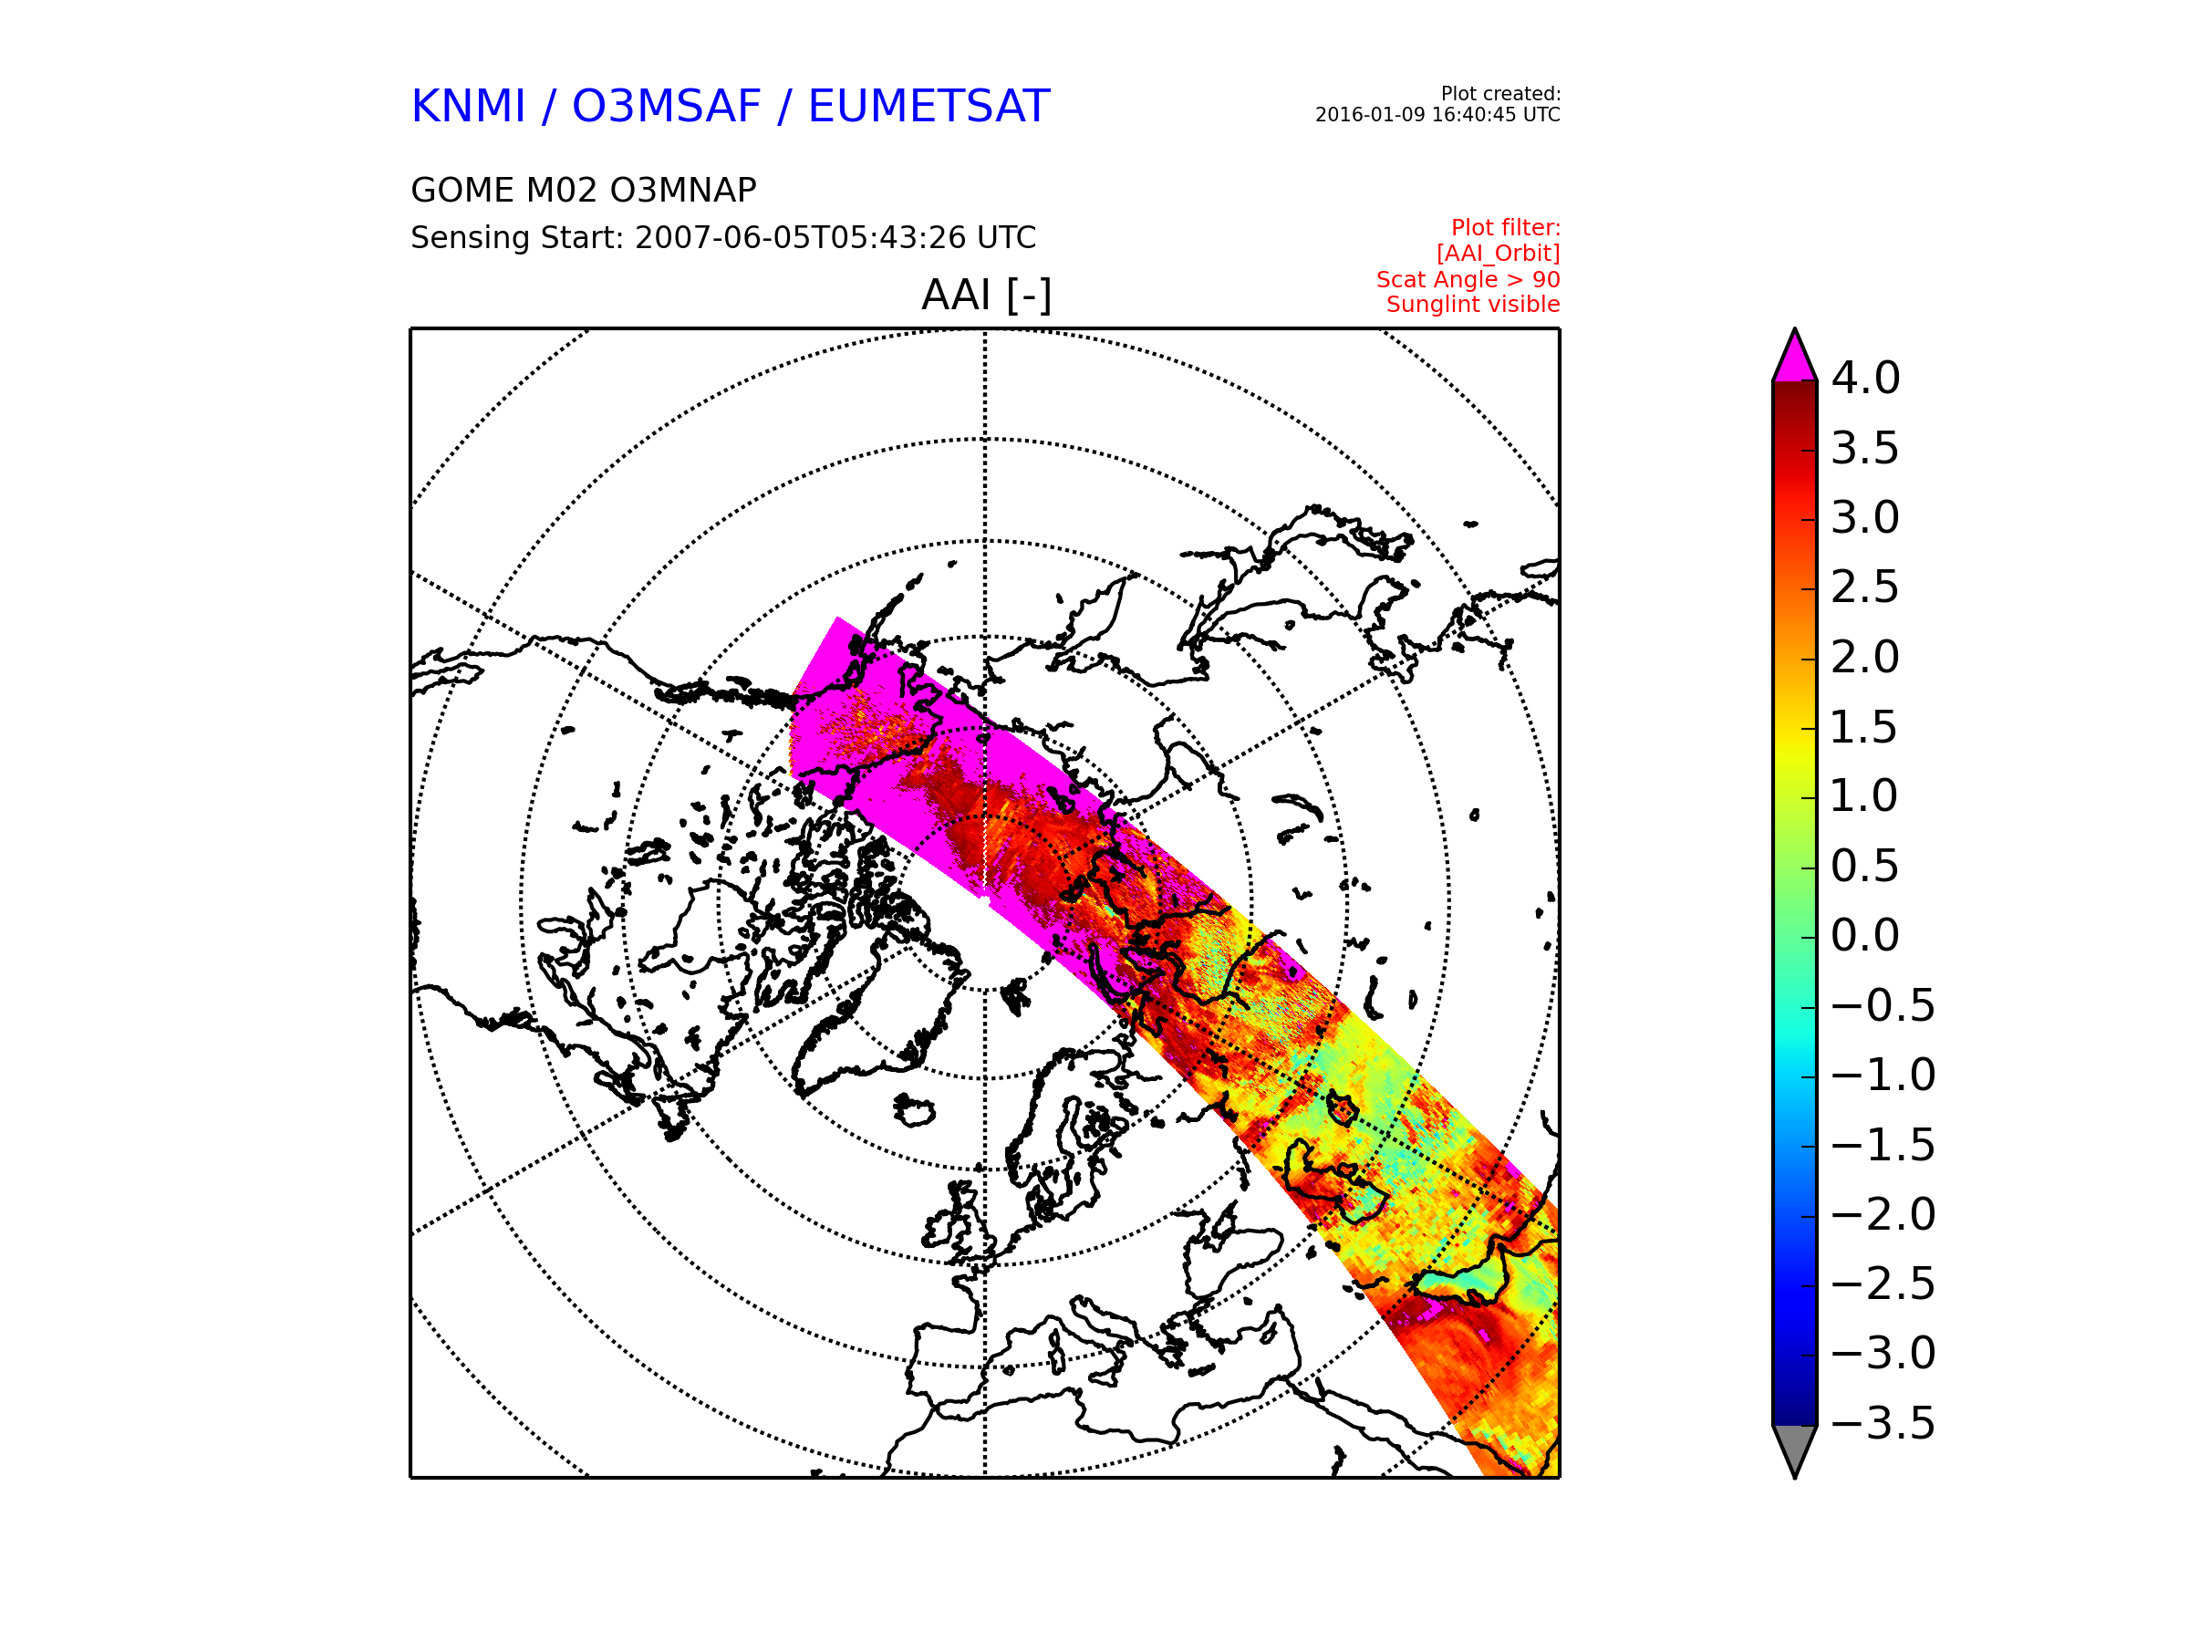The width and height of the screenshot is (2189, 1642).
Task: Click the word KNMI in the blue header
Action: click(468, 107)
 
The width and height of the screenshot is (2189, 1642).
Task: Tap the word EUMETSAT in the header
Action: click(929, 107)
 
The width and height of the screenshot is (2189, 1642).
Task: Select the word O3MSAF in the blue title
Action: click(666, 107)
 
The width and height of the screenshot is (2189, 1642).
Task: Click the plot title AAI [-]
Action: click(986, 295)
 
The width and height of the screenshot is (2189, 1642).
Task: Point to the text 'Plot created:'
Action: click(1500, 94)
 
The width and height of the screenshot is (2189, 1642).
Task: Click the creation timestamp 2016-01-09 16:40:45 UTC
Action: click(1437, 115)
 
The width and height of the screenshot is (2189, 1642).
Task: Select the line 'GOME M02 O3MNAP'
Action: click(584, 190)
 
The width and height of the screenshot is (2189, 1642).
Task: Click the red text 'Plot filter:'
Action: click(1505, 228)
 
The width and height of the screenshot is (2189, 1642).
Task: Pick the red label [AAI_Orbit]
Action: click(1499, 254)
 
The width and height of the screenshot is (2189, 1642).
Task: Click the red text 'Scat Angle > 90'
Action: click(1468, 280)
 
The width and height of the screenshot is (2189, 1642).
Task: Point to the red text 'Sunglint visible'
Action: click(1472, 305)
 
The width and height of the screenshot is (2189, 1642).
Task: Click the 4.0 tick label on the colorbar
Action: click(1865, 378)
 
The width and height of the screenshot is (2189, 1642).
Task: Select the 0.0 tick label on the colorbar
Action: click(1865, 935)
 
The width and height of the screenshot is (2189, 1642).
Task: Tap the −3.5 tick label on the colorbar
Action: click(1883, 1423)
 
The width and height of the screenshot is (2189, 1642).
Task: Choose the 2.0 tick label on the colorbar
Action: click(1865, 657)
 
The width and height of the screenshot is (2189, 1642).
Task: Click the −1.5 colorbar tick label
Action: click(1883, 1145)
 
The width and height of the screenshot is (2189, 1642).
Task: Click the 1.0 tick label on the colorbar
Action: click(1865, 795)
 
